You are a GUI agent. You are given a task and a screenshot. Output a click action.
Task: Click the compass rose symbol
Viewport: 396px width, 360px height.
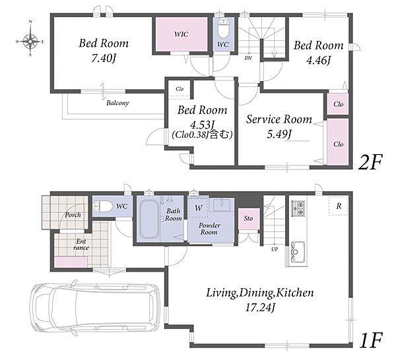tap(30, 41)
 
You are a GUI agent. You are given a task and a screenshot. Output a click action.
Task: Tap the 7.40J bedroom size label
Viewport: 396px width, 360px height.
tap(104, 59)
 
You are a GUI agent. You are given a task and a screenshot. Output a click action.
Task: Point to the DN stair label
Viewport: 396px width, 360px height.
tap(248, 58)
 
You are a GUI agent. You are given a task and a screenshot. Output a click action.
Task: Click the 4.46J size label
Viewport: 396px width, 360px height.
tap(319, 60)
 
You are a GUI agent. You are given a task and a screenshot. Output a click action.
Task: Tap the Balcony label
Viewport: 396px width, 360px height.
tap(117, 103)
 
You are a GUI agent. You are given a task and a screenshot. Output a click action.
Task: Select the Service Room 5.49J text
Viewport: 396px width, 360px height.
tap(279, 127)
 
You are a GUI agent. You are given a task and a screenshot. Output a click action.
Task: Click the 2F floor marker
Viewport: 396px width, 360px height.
tap(370, 162)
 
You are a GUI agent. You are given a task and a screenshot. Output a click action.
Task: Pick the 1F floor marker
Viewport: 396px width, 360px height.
tap(371, 341)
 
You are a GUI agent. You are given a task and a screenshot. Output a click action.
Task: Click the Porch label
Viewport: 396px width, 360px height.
tap(73, 215)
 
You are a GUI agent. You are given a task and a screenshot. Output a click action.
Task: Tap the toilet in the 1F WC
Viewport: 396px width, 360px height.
tap(103, 207)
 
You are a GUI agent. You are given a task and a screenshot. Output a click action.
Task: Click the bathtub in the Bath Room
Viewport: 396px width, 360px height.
tap(149, 219)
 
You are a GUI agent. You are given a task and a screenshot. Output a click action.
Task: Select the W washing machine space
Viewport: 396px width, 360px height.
tap(198, 207)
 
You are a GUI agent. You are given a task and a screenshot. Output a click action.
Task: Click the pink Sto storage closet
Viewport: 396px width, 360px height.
tap(249, 218)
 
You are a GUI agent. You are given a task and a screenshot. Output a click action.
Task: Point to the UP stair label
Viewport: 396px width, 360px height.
tap(275, 249)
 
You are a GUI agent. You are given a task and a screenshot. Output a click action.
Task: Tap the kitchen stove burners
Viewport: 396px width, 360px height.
tap(298, 208)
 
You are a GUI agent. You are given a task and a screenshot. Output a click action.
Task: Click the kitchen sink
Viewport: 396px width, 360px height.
tap(298, 252)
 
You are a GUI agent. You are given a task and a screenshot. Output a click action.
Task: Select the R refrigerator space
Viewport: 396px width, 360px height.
tap(339, 206)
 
